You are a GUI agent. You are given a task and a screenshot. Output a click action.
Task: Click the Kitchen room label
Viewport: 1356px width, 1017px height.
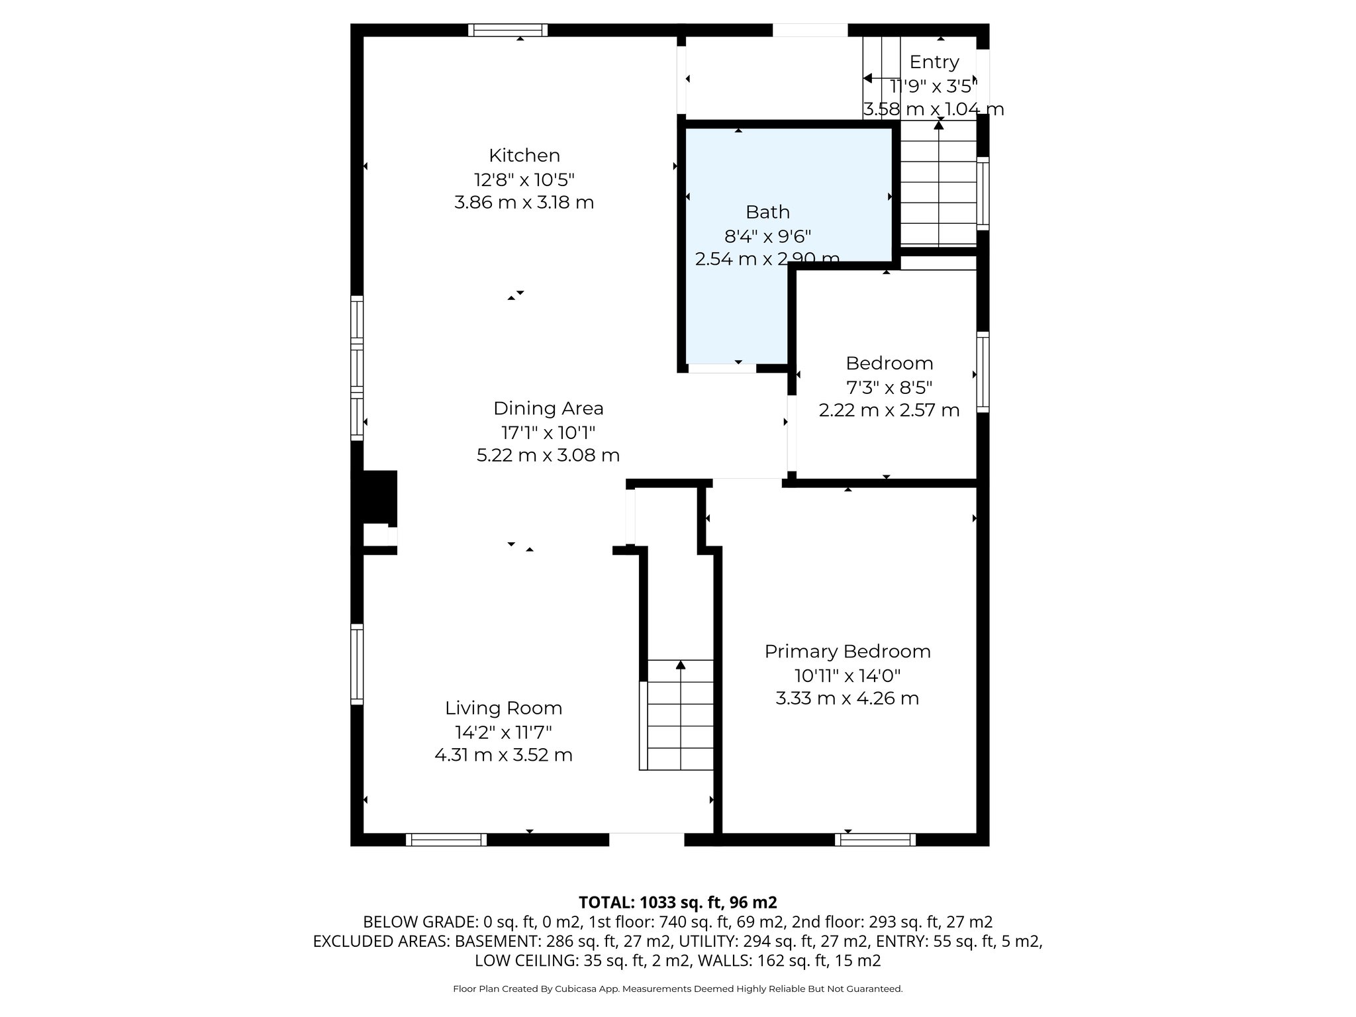click(524, 156)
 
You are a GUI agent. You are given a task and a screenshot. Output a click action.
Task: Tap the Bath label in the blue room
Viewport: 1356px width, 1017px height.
click(767, 212)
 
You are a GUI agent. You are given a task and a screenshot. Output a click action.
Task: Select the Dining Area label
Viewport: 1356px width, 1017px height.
click(548, 408)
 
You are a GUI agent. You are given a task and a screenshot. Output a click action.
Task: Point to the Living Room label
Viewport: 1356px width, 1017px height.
click(503, 708)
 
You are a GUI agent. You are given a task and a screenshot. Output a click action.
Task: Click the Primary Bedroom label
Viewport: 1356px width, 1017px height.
click(847, 652)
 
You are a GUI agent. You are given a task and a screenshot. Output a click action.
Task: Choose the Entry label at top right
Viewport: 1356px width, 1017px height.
click(934, 62)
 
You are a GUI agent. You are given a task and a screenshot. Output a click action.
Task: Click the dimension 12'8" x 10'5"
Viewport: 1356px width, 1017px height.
click(524, 179)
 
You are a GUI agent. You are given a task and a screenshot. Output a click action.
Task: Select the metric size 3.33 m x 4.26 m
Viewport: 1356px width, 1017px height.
click(847, 699)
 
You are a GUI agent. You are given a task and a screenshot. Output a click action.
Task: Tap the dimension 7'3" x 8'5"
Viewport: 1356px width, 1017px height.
click(889, 387)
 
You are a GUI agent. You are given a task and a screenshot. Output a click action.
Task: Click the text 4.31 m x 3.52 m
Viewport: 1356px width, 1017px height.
click(503, 755)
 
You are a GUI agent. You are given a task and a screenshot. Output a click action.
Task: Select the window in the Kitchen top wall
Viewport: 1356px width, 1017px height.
click(508, 30)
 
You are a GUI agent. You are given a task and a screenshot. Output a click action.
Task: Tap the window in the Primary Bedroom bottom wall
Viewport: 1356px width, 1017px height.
click(875, 840)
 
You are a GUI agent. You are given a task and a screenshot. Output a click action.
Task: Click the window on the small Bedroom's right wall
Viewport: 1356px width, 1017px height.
click(983, 372)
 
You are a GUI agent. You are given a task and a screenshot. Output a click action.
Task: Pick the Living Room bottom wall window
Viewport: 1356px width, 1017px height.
click(446, 840)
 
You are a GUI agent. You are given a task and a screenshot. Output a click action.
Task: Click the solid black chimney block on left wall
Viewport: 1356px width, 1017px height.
click(377, 497)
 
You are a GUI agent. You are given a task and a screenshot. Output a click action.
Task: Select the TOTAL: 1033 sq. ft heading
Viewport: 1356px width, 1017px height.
click(677, 902)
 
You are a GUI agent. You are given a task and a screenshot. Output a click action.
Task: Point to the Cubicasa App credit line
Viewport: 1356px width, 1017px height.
click(677, 989)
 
